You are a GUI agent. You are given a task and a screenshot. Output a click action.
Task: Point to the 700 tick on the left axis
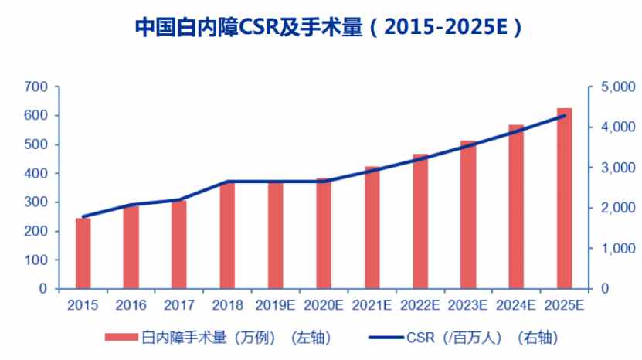click(x=36, y=87)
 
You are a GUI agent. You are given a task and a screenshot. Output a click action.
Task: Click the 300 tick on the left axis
click(x=36, y=202)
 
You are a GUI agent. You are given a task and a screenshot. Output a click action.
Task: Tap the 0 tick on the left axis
click(x=43, y=289)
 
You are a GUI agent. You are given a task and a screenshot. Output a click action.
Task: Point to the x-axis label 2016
click(x=131, y=305)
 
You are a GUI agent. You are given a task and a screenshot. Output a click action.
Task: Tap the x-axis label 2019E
click(x=276, y=305)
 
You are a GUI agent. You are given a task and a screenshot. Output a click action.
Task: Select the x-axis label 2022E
click(x=420, y=305)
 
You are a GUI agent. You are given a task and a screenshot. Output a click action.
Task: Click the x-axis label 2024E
click(x=517, y=305)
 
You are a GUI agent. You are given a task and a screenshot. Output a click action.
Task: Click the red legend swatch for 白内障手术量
click(x=121, y=338)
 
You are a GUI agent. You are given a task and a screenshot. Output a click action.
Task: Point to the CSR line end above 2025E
click(x=566, y=116)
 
